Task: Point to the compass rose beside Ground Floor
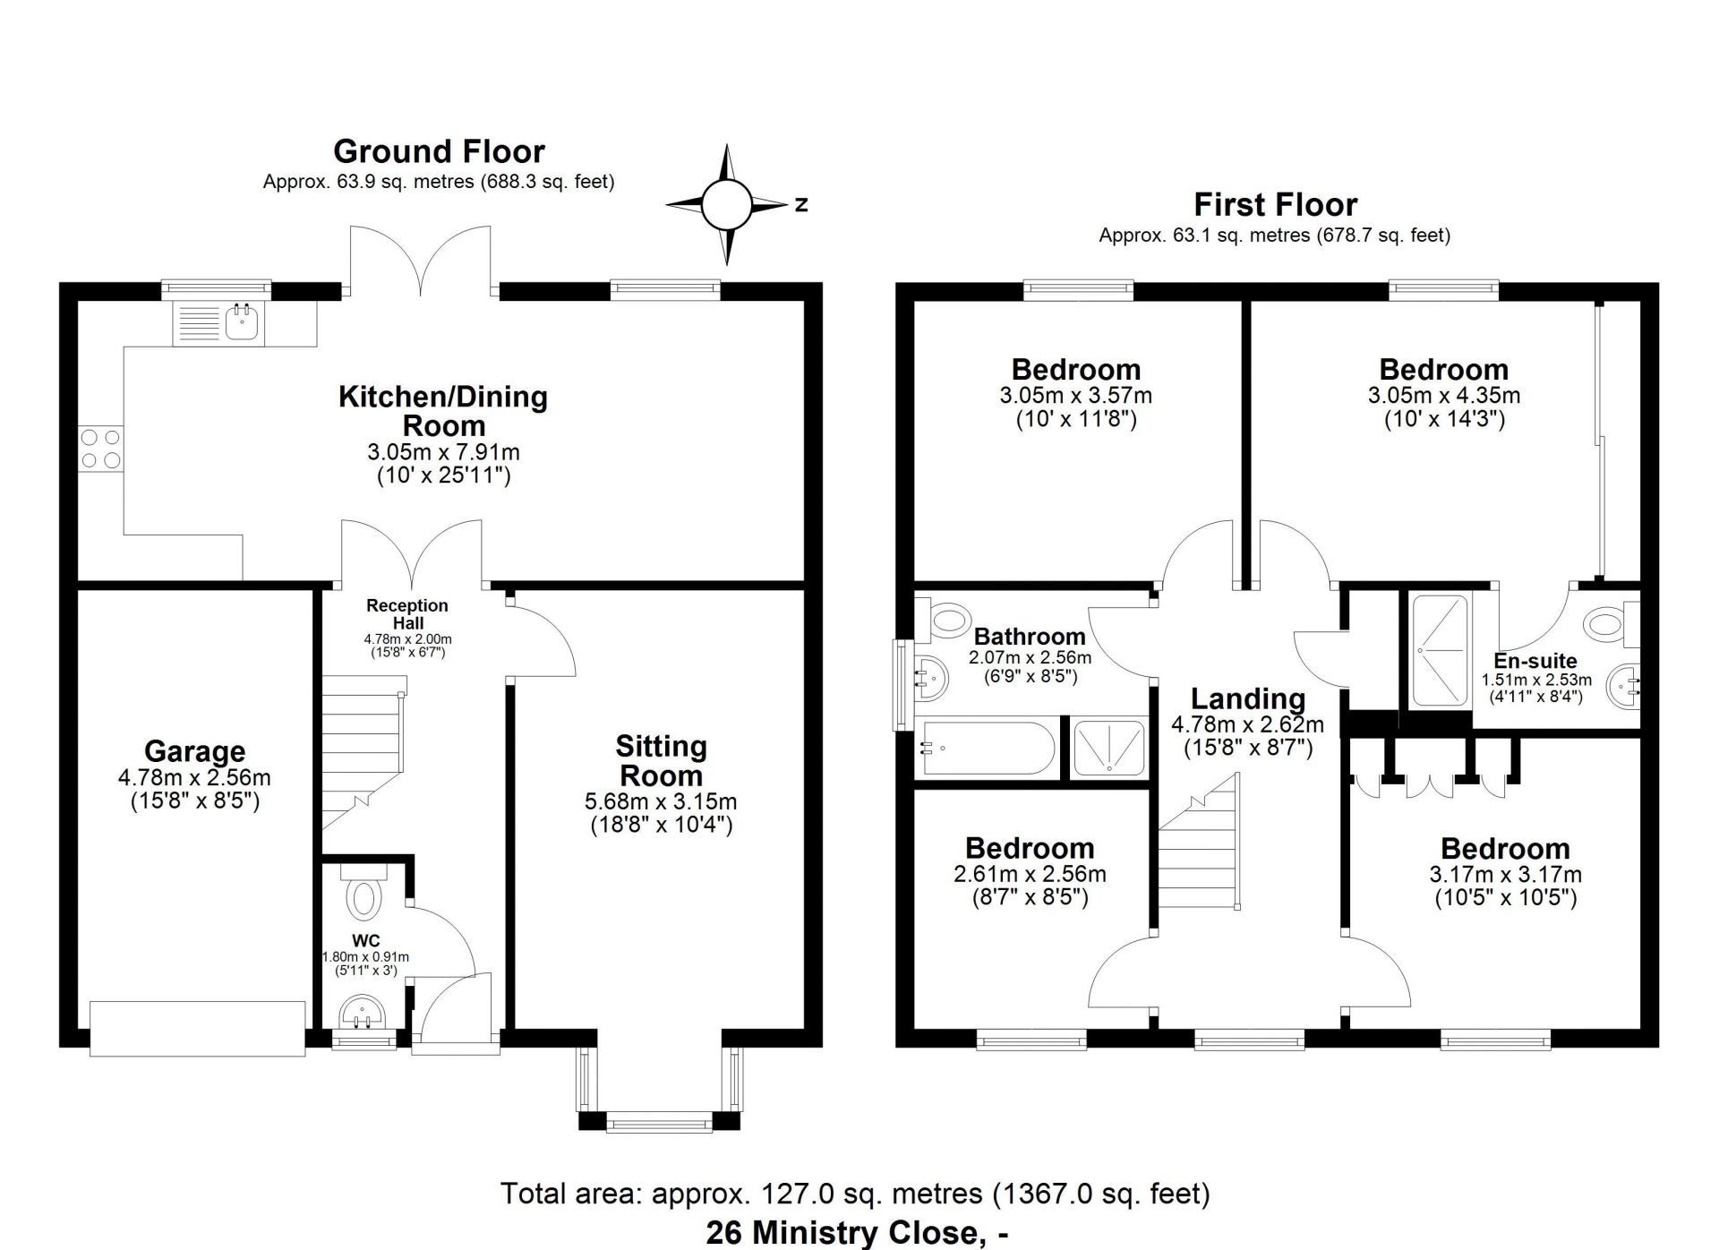pyautogui.click(x=727, y=205)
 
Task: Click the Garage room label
pyautogui.click(x=195, y=751)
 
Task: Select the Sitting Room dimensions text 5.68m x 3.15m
pyautogui.click(x=661, y=801)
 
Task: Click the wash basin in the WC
pyautogui.click(x=363, y=1014)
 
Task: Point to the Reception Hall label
pyautogui.click(x=407, y=614)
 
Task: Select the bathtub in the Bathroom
pyautogui.click(x=985, y=748)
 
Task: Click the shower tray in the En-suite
pyautogui.click(x=1441, y=650)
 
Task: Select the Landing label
pyautogui.click(x=1248, y=698)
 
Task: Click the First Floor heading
pyautogui.click(x=1275, y=205)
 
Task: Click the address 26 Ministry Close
pyautogui.click(x=858, y=1233)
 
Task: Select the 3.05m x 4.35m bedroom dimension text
pyautogui.click(x=1443, y=395)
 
